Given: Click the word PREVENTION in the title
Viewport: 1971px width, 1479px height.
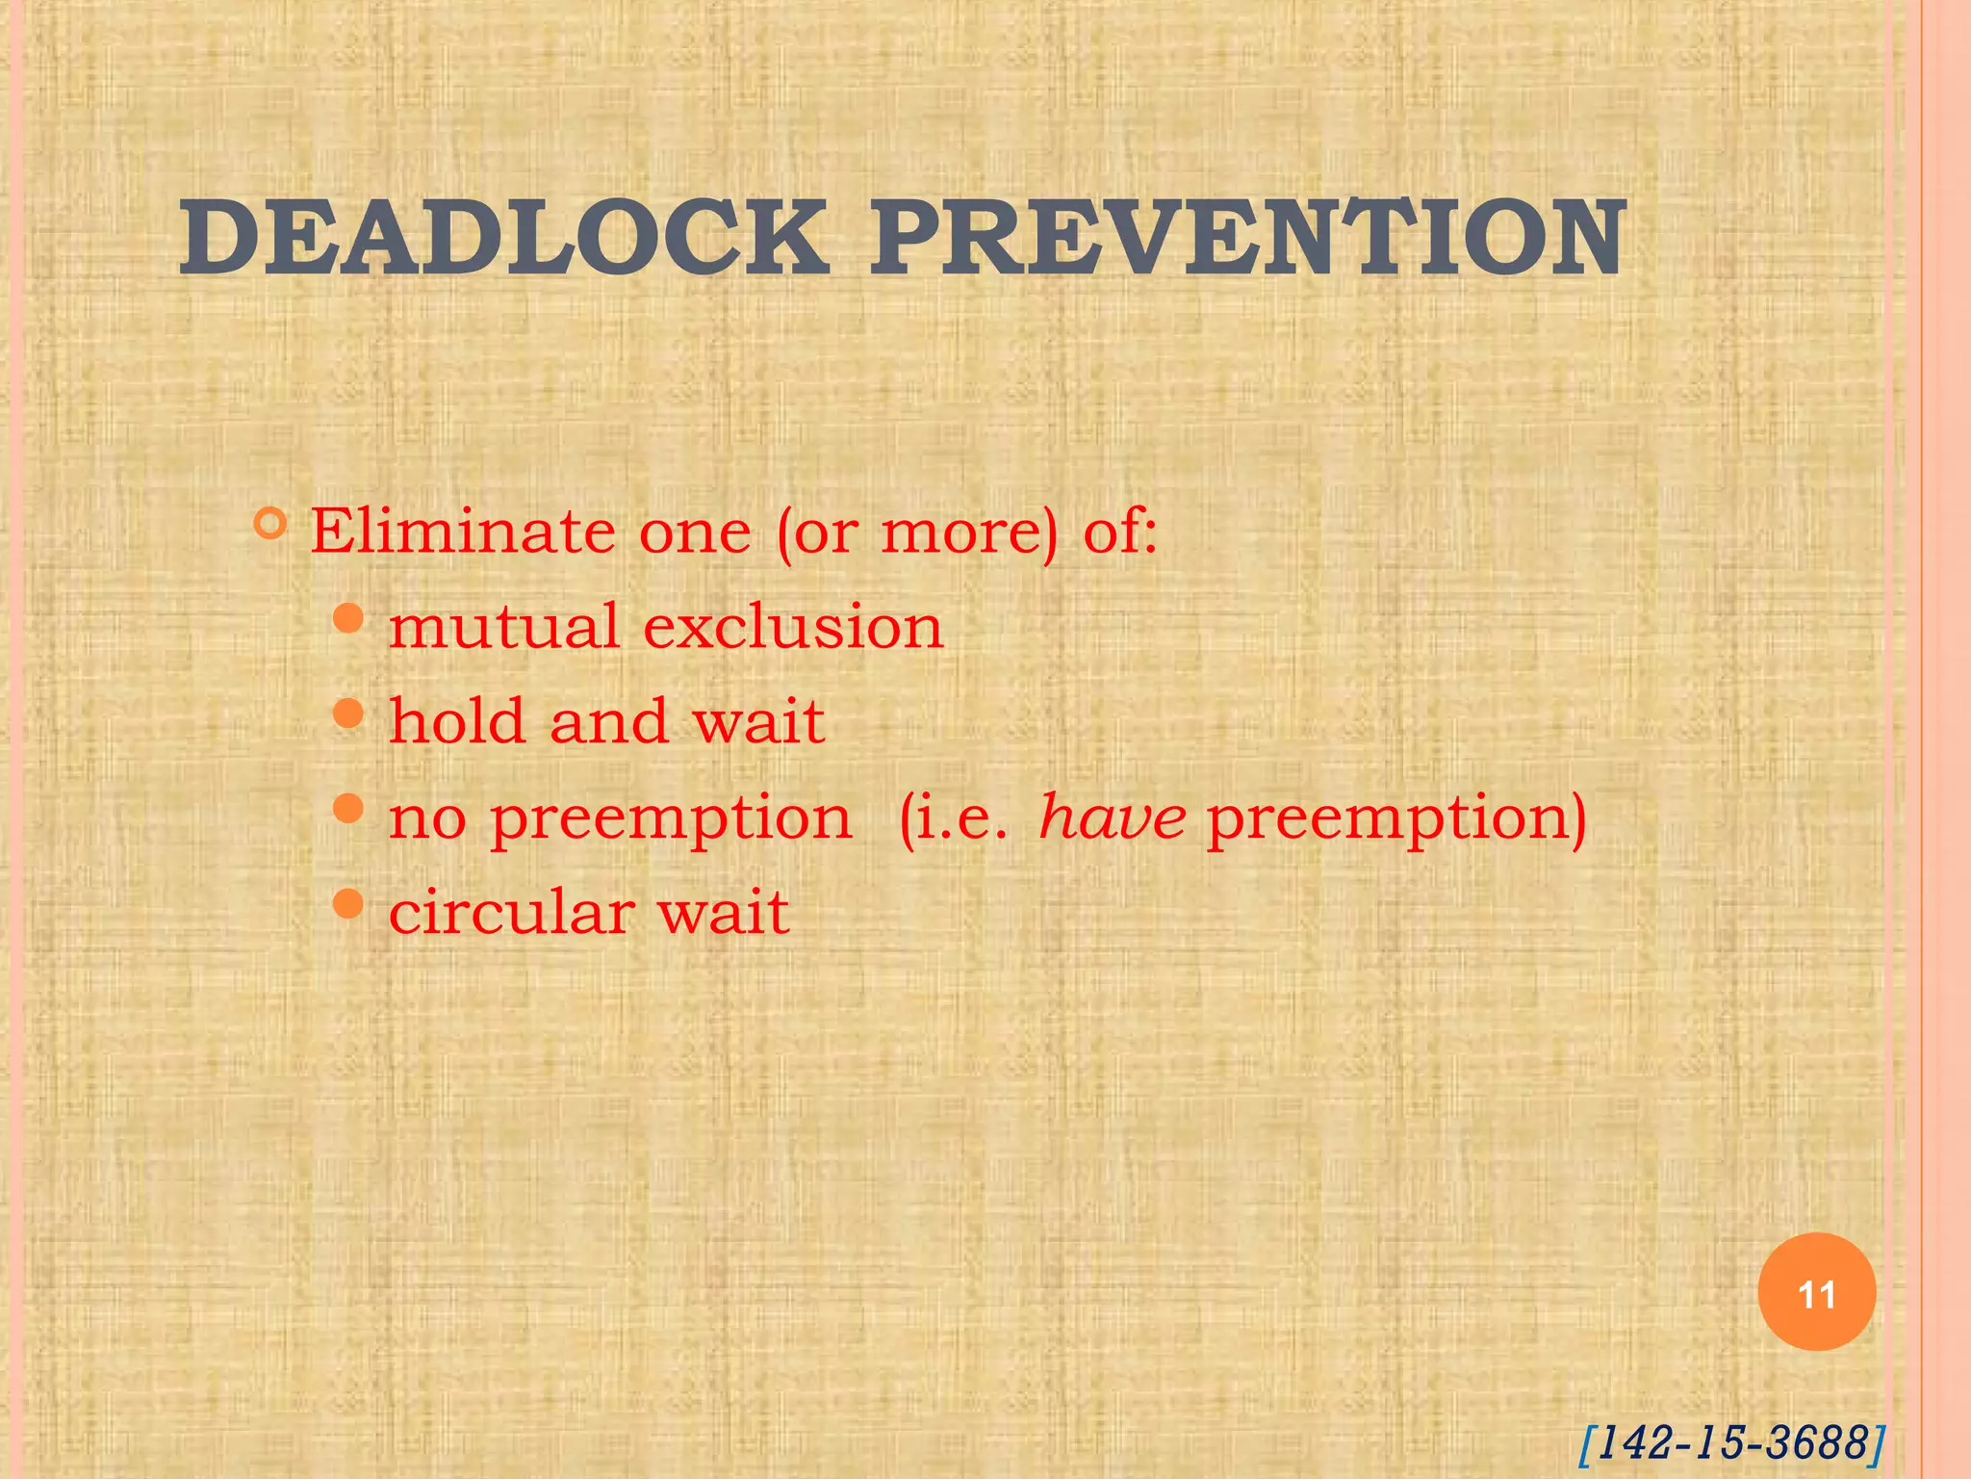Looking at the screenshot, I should point(1248,237).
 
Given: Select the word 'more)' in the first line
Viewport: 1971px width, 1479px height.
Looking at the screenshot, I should point(969,532).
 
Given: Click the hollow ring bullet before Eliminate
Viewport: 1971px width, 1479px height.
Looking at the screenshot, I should point(271,524).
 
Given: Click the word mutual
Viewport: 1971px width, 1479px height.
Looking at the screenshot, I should point(504,627).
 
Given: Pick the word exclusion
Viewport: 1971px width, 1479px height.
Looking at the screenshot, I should point(793,627).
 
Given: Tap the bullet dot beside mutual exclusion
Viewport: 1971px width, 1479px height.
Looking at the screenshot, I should point(348,618).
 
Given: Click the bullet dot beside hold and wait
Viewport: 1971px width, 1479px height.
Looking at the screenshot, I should point(348,714).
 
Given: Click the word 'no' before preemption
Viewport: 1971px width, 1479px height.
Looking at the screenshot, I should point(427,819).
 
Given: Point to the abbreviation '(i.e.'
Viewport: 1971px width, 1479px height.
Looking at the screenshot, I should point(954,819).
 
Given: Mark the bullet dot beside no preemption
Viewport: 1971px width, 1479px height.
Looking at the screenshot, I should point(348,808).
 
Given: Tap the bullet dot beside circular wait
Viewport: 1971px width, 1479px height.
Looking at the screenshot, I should point(348,903).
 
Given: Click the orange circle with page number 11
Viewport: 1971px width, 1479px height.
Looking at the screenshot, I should point(1816,1292).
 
